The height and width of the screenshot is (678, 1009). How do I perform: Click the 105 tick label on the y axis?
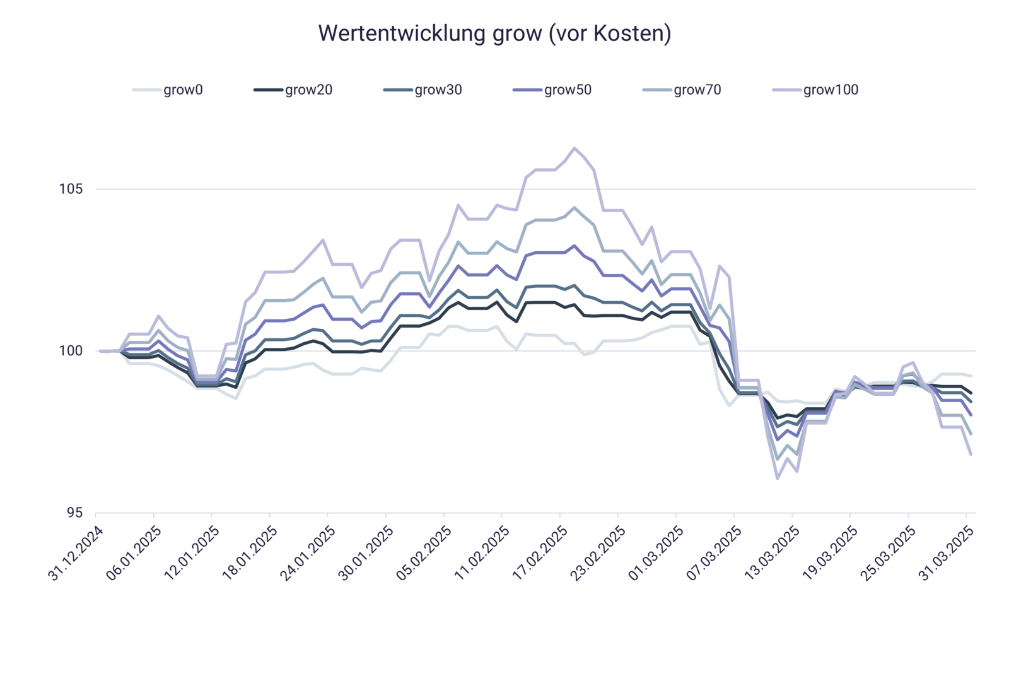click(71, 189)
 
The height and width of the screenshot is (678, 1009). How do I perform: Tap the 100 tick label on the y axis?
click(71, 351)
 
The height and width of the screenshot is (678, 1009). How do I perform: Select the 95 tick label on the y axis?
click(74, 513)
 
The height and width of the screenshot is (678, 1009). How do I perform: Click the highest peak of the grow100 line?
click(574, 147)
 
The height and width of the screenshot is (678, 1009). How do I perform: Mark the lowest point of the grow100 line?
click(777, 479)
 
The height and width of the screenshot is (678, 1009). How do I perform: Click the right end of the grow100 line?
click(972, 455)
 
